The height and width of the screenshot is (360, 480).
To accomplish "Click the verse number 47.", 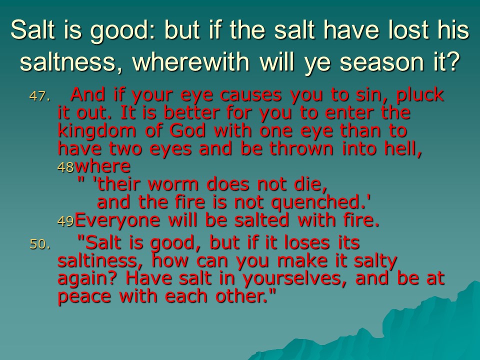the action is click(x=39, y=96).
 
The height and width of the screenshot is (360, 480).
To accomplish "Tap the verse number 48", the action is click(x=66, y=167).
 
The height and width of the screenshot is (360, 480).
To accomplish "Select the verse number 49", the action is click(x=66, y=221).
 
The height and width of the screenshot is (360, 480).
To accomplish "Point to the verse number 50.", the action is click(x=39, y=244).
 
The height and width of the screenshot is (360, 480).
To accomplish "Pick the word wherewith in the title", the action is click(x=191, y=61).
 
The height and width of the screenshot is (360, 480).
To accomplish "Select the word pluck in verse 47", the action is click(x=420, y=95).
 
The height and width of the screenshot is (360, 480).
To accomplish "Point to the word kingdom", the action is click(x=96, y=131).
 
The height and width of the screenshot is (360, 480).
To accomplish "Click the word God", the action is click(x=187, y=130).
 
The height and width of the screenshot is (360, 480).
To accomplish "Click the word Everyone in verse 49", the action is click(x=117, y=221).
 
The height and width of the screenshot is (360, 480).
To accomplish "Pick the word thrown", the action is click(x=301, y=149).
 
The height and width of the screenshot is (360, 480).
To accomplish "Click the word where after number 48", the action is click(x=103, y=166).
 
